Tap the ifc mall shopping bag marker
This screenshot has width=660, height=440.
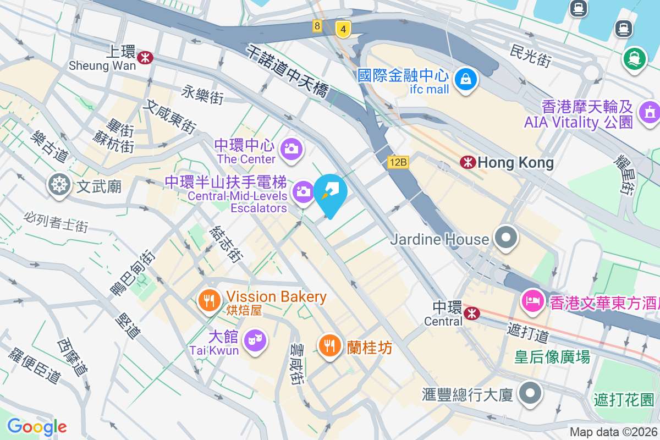(466, 79)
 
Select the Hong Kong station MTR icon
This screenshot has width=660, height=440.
(468, 162)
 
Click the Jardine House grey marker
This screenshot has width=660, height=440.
(505, 238)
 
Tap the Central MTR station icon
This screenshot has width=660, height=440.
(471, 313)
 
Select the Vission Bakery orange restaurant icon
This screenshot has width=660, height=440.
(209, 300)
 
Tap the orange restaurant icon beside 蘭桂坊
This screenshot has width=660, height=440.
(329, 345)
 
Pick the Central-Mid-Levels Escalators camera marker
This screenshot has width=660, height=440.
(303, 191)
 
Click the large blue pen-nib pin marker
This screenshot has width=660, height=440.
(332, 193)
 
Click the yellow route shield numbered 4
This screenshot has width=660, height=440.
(343, 29)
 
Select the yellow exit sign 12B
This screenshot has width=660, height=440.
(398, 162)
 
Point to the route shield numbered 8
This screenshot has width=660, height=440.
(317, 25)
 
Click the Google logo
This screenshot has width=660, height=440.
(37, 427)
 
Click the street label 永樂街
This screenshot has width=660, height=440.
(204, 95)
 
